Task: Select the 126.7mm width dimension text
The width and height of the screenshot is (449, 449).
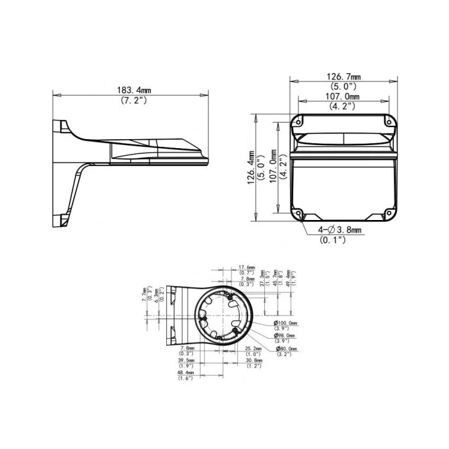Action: tap(343, 76)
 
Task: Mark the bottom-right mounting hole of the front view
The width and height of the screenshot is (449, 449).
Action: tap(389, 213)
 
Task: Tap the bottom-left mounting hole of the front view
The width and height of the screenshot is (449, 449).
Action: tap(298, 213)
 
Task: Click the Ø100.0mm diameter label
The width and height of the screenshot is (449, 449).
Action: tap(285, 322)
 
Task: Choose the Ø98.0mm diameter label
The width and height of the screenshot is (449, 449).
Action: tap(285, 335)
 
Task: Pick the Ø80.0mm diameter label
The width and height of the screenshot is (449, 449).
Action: tap(285, 348)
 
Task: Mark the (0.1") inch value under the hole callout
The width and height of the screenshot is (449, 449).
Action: tap(333, 239)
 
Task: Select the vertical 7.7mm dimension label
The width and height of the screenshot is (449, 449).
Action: tap(144, 294)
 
